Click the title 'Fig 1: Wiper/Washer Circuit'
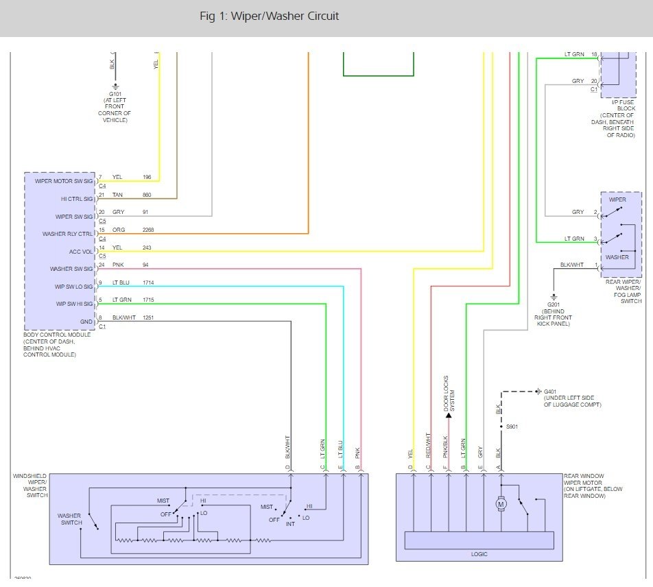click(269, 16)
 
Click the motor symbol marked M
click(501, 505)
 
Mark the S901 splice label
click(512, 427)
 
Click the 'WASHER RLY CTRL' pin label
click(67, 234)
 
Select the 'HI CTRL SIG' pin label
click(76, 199)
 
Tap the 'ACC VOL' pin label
click(81, 252)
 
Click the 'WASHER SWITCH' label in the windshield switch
click(69, 519)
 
